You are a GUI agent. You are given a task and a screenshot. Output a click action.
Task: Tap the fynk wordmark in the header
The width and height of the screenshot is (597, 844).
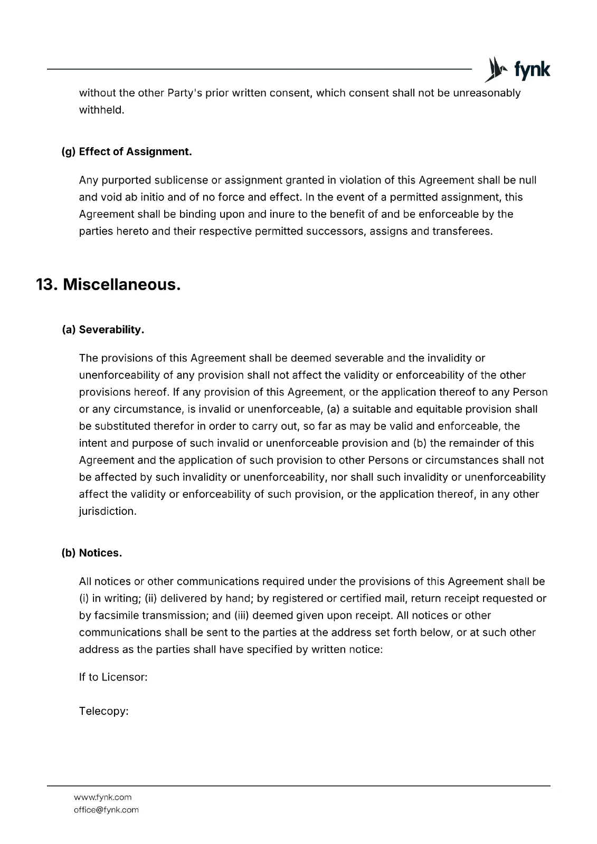(532, 70)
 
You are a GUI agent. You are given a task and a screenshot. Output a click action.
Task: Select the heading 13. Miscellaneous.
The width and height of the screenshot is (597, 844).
(108, 285)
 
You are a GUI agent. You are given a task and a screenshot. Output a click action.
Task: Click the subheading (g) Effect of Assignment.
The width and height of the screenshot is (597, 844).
(127, 152)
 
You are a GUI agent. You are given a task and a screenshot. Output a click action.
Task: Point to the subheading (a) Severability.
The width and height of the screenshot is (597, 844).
(103, 330)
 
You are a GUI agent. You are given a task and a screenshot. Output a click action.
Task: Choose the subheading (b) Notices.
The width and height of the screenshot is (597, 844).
(92, 553)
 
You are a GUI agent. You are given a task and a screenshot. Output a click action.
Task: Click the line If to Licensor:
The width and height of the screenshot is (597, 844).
(113, 677)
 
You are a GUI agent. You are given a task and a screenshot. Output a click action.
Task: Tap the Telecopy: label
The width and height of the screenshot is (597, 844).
(104, 711)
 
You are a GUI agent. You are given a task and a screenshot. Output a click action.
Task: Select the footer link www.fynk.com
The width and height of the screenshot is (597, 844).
(102, 797)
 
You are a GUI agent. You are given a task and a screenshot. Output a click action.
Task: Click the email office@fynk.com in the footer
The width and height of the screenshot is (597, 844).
(106, 810)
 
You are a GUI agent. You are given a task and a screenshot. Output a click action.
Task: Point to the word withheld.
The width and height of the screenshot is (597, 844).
(101, 110)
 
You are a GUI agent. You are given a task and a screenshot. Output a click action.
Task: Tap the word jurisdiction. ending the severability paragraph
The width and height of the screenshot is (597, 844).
(108, 511)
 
